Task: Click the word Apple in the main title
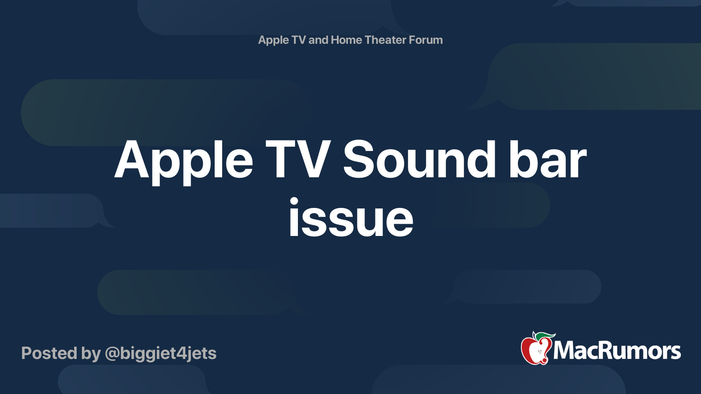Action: tap(184, 162)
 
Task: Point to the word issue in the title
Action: tap(351, 217)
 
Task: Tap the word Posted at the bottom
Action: tap(50, 353)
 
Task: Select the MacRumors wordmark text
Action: tap(617, 351)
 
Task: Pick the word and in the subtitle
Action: tap(318, 40)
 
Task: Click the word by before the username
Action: tap(91, 354)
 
